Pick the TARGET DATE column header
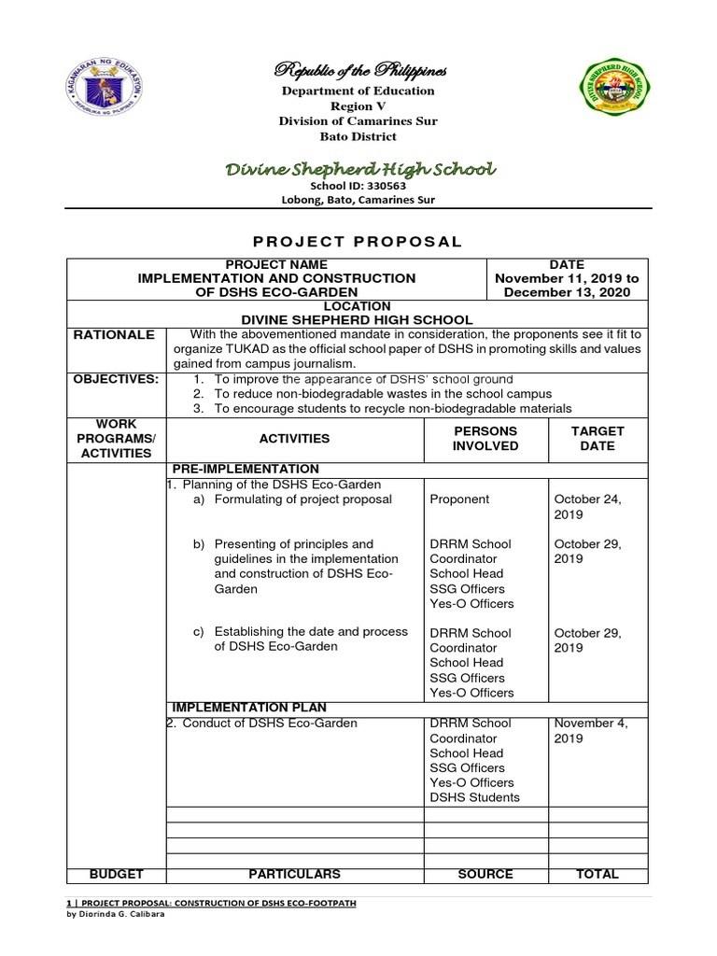(597, 438)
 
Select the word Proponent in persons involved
(459, 499)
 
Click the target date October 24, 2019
(587, 507)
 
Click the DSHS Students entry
(475, 798)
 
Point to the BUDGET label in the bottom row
(116, 875)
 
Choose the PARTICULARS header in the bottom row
(294, 875)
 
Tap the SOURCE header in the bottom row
(485, 875)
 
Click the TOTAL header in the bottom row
(597, 875)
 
